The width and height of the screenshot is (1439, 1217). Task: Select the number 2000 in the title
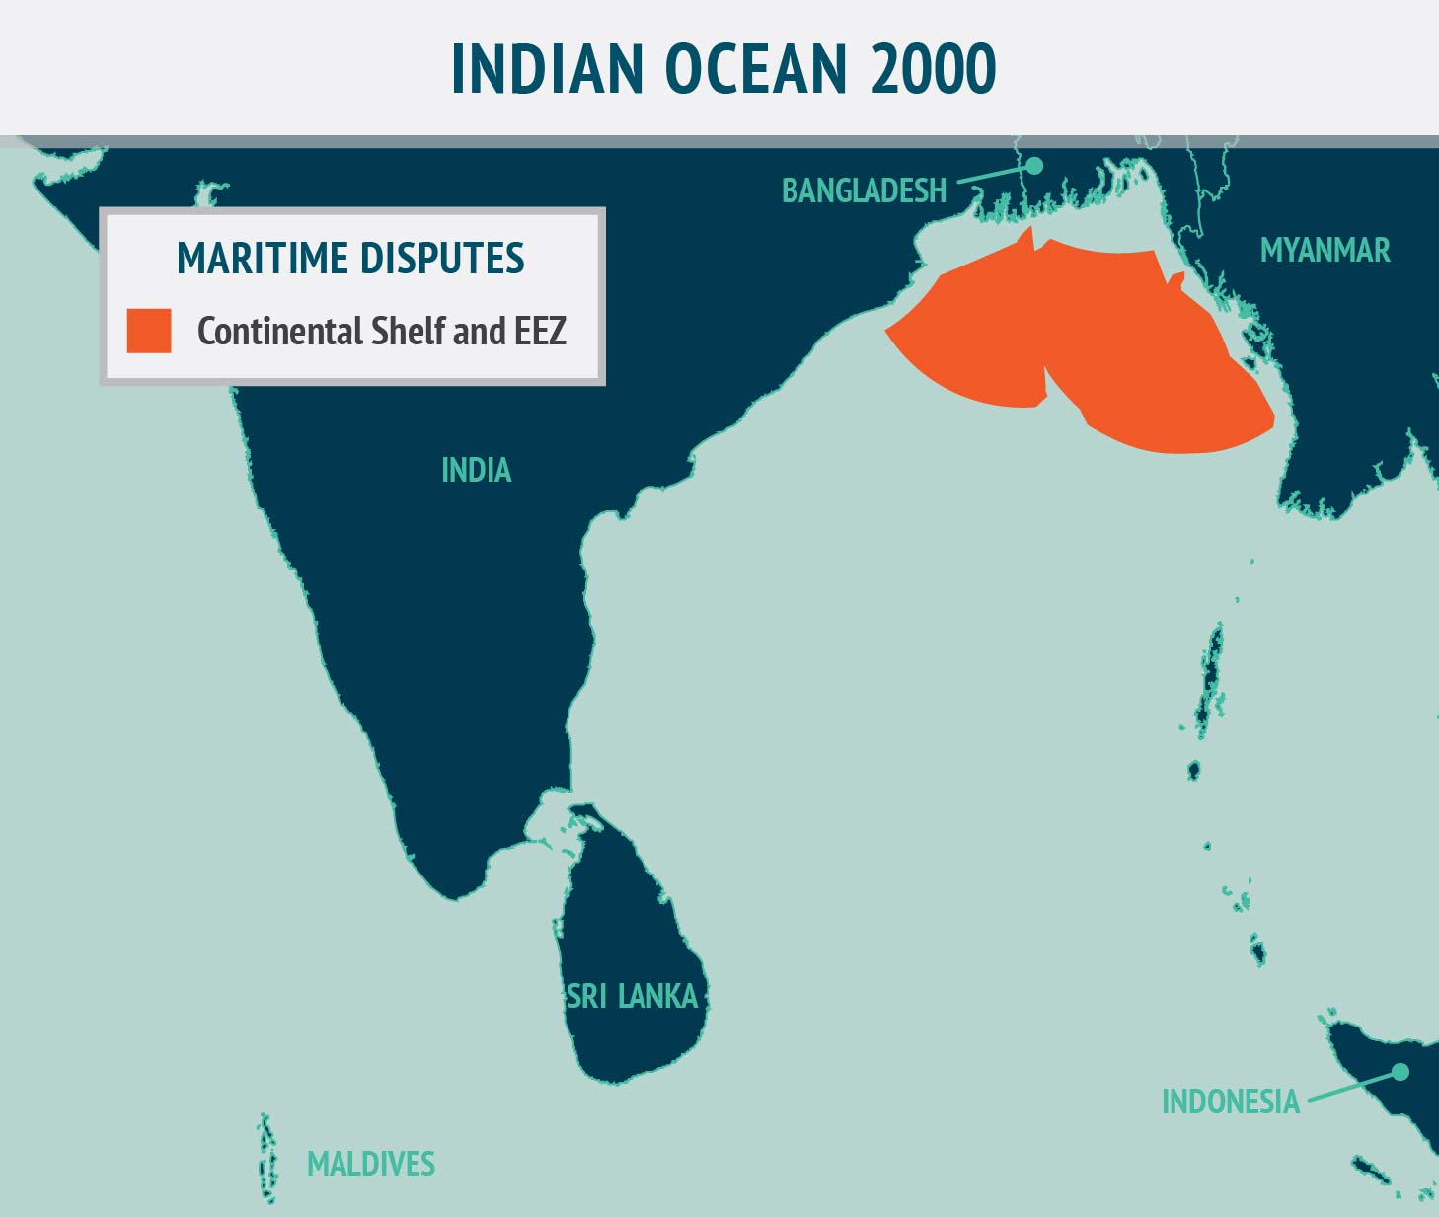coord(934,69)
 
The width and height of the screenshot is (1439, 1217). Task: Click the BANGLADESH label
coord(864,190)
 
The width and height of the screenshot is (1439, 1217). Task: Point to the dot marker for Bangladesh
coord(1034,166)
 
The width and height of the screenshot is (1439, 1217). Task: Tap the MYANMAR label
coord(1325,251)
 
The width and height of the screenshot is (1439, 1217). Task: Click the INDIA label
coord(476,470)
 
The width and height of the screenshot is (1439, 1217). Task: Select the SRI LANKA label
coord(632,996)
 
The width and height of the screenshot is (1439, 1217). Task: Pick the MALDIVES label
coord(371,1164)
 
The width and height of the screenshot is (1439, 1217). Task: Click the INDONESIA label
coord(1230,1102)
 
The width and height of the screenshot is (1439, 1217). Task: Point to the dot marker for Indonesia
coord(1400,1071)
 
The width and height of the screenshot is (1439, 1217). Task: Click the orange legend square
coord(149,331)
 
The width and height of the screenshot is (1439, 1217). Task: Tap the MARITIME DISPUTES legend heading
coord(350,259)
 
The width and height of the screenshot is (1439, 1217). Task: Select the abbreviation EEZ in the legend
coord(540,331)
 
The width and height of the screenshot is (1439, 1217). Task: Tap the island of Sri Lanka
coord(632,948)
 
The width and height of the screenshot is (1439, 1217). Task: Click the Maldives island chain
coord(265,1160)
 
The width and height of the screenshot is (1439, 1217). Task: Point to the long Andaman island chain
coord(1210,681)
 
